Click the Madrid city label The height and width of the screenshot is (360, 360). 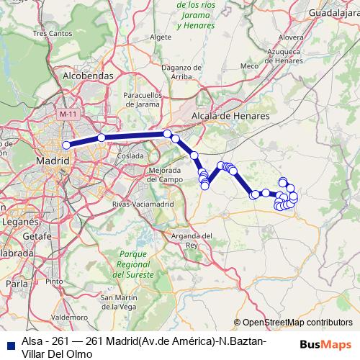[53, 161]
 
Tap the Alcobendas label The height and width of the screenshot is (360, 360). [89, 75]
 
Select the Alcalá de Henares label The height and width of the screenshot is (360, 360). [230, 115]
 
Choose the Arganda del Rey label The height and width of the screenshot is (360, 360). [192, 240]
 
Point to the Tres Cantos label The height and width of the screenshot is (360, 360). [48, 33]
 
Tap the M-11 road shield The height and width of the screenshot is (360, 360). [68, 114]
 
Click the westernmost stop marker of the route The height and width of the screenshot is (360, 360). [66, 145]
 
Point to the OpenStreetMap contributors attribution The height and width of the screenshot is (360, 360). [294, 323]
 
